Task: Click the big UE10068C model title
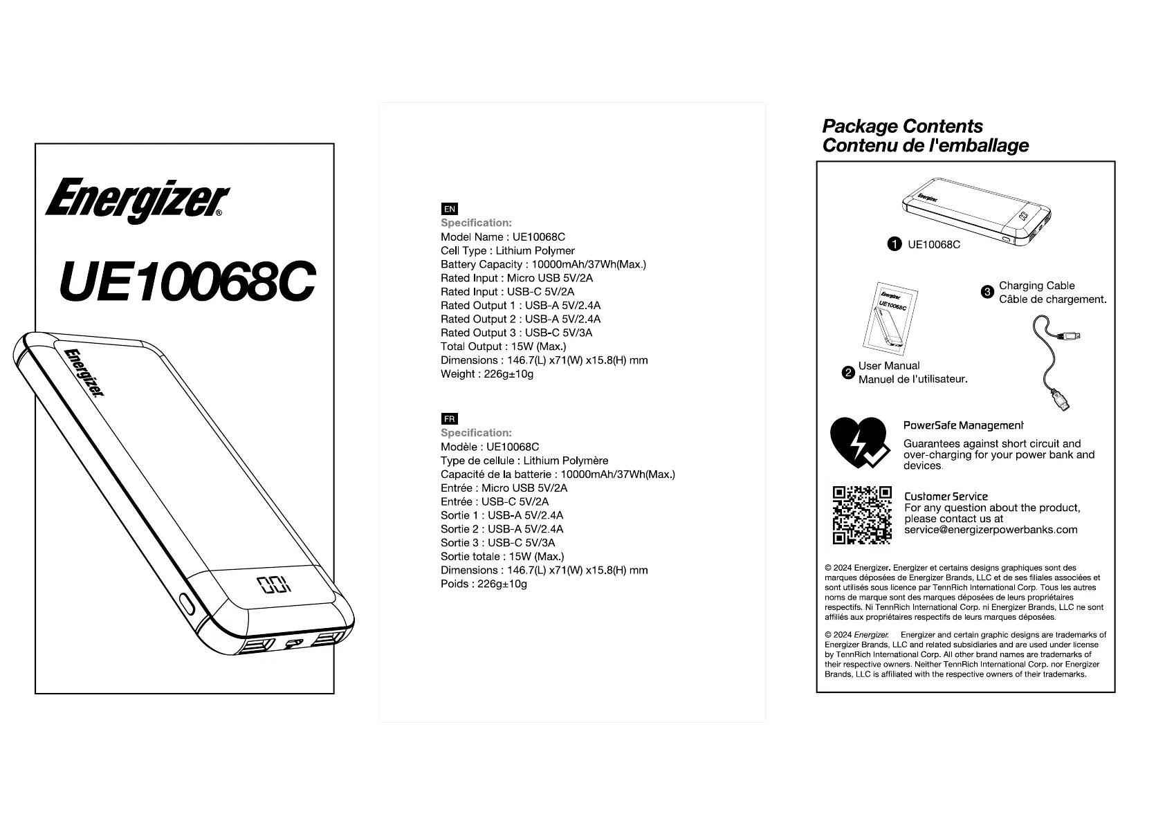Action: (x=187, y=282)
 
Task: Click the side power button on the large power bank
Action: (x=187, y=603)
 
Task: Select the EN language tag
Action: (x=449, y=209)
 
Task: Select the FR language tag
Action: (x=449, y=419)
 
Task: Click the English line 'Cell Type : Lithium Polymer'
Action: (x=507, y=250)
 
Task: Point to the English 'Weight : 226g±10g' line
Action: (x=486, y=374)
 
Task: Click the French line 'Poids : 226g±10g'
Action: (x=484, y=584)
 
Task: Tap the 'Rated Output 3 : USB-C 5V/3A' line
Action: (x=516, y=333)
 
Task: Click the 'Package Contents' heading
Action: (x=901, y=127)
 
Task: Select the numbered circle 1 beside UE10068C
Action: (x=895, y=244)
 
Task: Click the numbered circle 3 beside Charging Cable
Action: (x=988, y=292)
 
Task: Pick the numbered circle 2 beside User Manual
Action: (x=848, y=373)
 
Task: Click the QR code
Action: (x=861, y=515)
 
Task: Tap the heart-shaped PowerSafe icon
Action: (x=859, y=443)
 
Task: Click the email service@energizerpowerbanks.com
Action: (x=991, y=530)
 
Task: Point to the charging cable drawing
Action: (x=1054, y=363)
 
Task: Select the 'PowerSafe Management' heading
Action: (x=963, y=425)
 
